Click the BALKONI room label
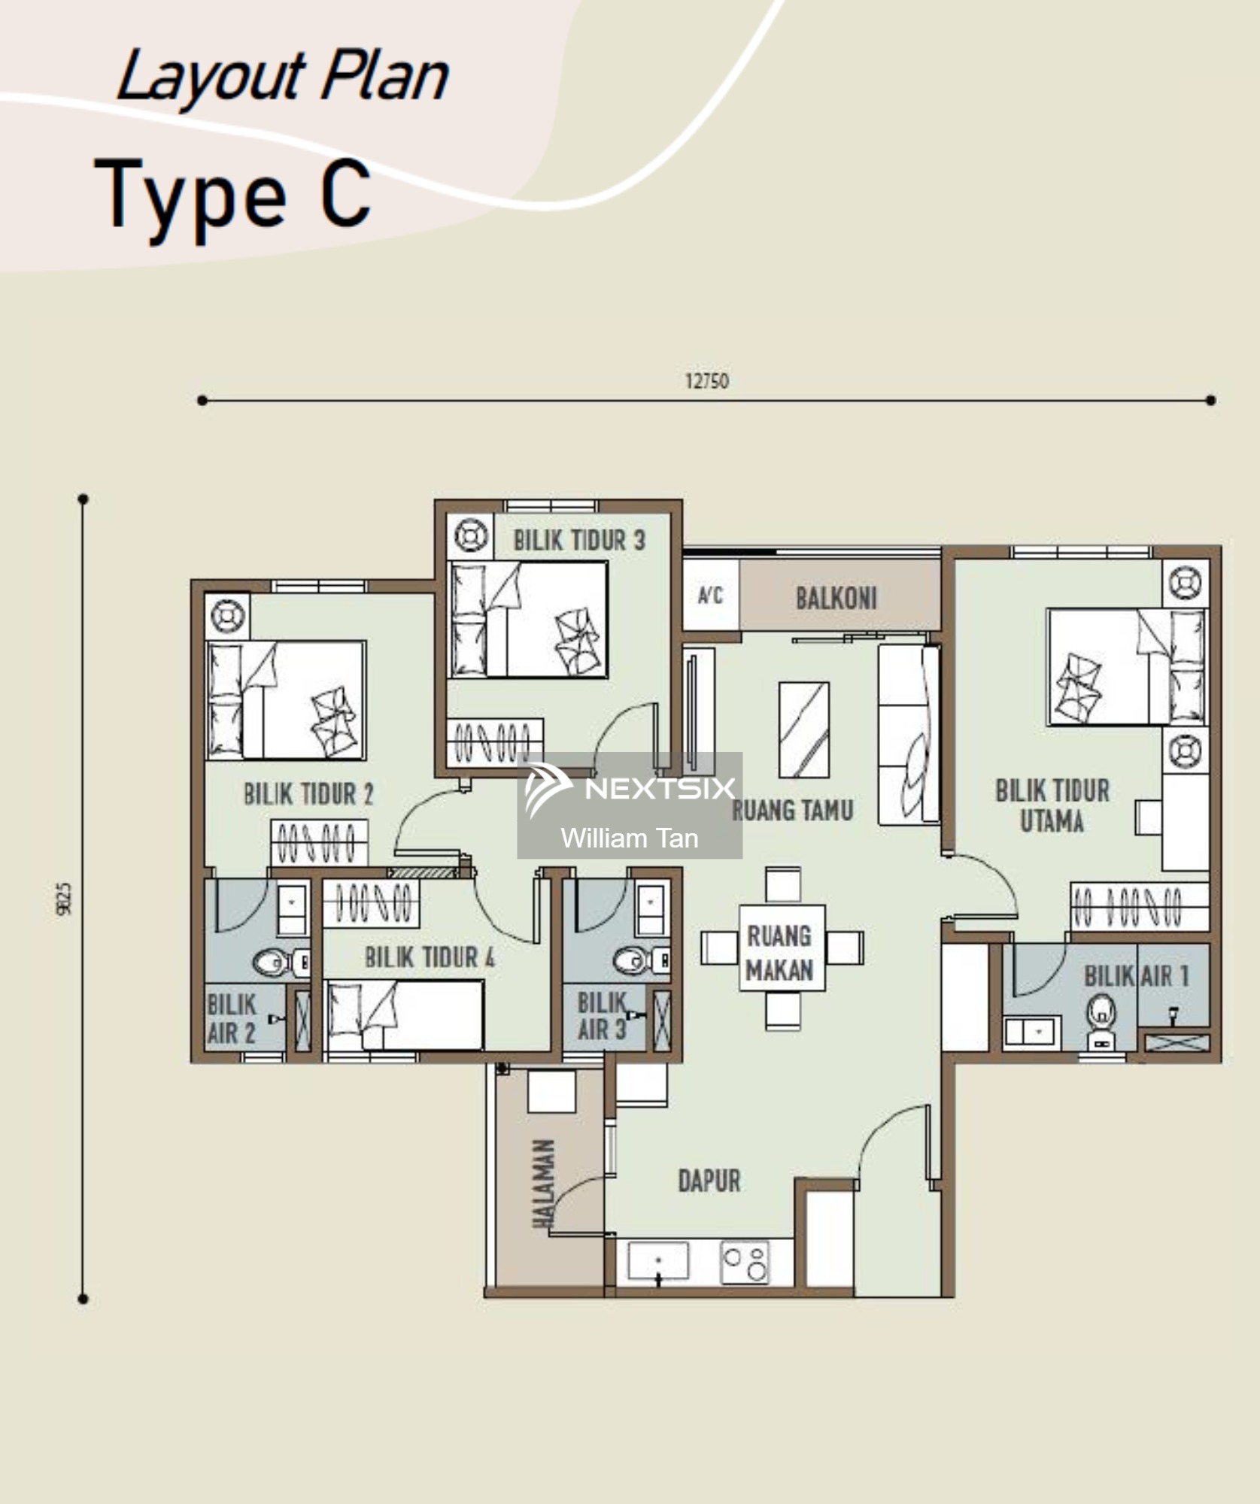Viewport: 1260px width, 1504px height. coord(836,599)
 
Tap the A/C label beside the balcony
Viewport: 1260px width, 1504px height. coord(710,596)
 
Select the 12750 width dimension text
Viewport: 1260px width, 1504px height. coord(706,381)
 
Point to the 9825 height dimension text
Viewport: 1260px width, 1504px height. coord(64,899)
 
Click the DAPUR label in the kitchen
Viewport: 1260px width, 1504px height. coord(709,1181)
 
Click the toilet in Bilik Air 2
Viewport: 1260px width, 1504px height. coord(278,962)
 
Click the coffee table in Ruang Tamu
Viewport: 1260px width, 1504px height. coord(804,729)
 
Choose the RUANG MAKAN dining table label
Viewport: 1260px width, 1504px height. coord(780,953)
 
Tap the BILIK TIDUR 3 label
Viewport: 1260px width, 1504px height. coord(579,540)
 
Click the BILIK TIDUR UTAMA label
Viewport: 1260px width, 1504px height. coord(1052,805)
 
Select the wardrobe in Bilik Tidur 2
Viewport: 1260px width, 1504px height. coord(320,842)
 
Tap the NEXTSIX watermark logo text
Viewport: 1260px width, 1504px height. coord(660,788)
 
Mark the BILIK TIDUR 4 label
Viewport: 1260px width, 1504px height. coord(430,957)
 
